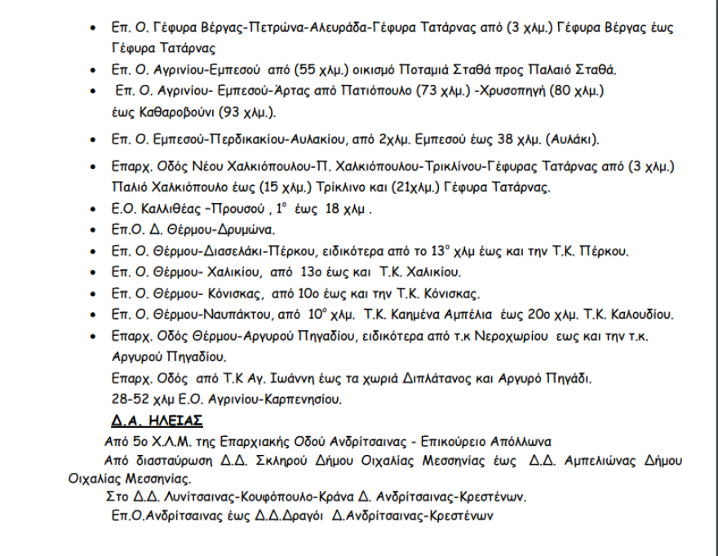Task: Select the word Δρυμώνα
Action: tap(242, 229)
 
